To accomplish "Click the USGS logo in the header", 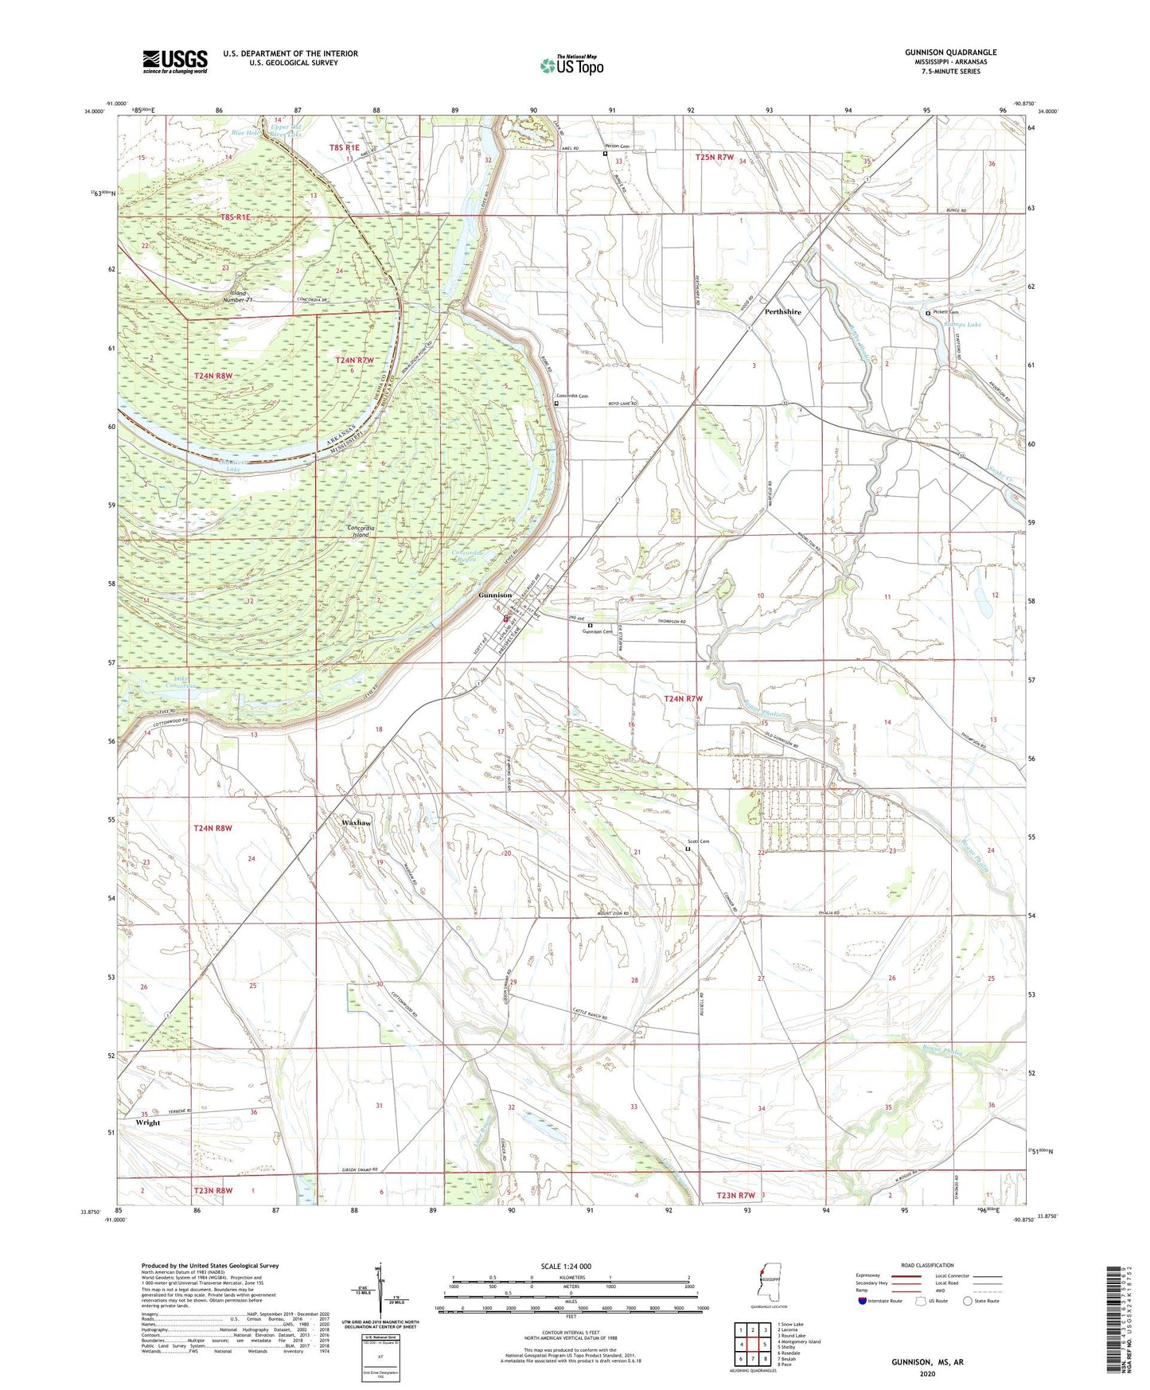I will tap(175, 61).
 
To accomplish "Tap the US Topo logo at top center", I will tap(571, 65).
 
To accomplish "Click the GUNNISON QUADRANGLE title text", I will tap(950, 53).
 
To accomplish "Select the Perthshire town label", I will tap(782, 312).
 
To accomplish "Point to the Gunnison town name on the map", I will tap(495, 595).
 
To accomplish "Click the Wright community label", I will tap(148, 1123).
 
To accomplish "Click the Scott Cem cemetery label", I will tap(698, 841).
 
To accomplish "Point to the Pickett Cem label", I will tap(945, 312).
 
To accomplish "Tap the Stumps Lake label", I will tap(962, 325).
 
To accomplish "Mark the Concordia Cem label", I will tap(571, 396).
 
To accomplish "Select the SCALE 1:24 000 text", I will tap(571, 1267).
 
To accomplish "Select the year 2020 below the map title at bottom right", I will tap(927, 1374).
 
